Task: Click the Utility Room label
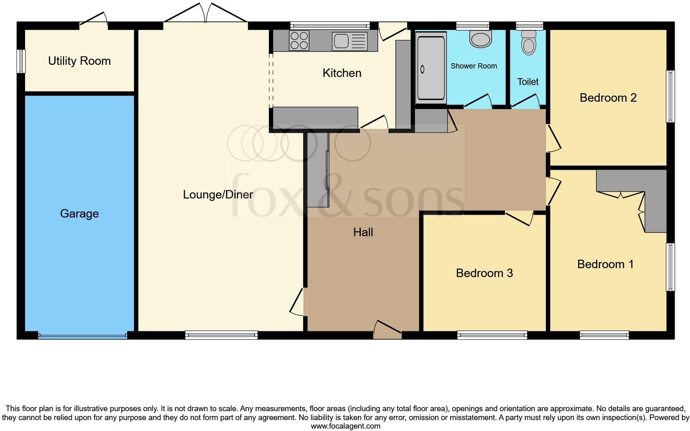click(x=79, y=61)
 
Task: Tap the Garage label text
click(x=79, y=213)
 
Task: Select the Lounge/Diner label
click(x=218, y=194)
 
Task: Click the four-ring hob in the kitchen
click(x=299, y=41)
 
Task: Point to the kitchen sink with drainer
click(x=349, y=41)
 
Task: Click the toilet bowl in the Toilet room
click(x=528, y=43)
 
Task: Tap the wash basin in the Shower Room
click(x=480, y=39)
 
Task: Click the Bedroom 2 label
click(x=608, y=98)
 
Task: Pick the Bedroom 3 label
click(x=484, y=273)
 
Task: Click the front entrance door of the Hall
click(x=387, y=329)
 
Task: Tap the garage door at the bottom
click(x=83, y=335)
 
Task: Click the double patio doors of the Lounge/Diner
click(x=206, y=15)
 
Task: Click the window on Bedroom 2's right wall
click(x=671, y=96)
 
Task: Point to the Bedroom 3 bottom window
click(x=492, y=335)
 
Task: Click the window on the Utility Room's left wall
click(x=21, y=61)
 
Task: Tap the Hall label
click(x=363, y=232)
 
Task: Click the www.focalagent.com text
click(x=345, y=426)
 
